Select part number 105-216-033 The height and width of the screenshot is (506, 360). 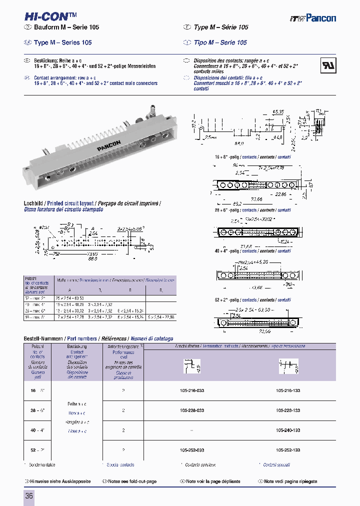pyautogui.click(x=192, y=389)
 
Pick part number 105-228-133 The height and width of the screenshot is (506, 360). pyautogui.click(x=288, y=410)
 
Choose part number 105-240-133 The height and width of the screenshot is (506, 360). pyautogui.click(x=288, y=430)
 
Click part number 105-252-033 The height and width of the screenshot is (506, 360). pyautogui.click(x=192, y=450)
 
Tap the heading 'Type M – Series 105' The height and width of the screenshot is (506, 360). pyautogui.click(x=62, y=42)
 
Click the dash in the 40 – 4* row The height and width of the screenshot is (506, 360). pyautogui.click(x=192, y=430)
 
